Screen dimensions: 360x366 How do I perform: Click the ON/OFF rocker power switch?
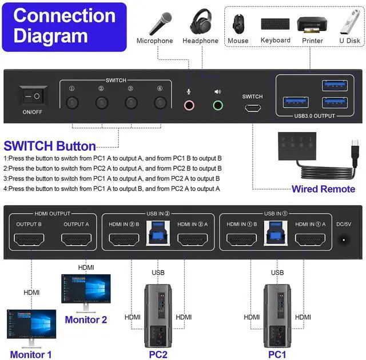tap(33, 97)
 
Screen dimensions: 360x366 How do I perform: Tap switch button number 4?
tap(160, 103)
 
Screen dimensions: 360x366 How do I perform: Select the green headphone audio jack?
tap(217, 105)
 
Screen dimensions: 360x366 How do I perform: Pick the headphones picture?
tap(200, 22)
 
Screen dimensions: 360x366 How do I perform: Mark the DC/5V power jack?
tap(344, 241)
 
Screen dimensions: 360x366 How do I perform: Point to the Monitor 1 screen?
tap(31, 324)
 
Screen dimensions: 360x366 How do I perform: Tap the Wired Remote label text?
tap(323, 189)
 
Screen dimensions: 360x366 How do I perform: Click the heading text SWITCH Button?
tap(50, 146)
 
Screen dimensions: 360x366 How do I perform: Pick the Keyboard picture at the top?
tap(276, 24)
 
